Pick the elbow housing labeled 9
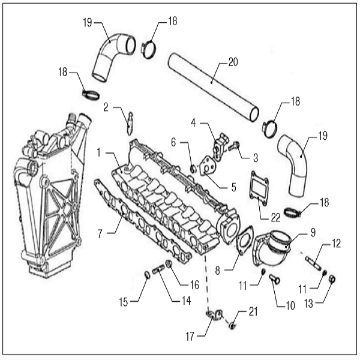pyautogui.click(x=274, y=252)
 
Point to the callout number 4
pyautogui.click(x=194, y=123)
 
